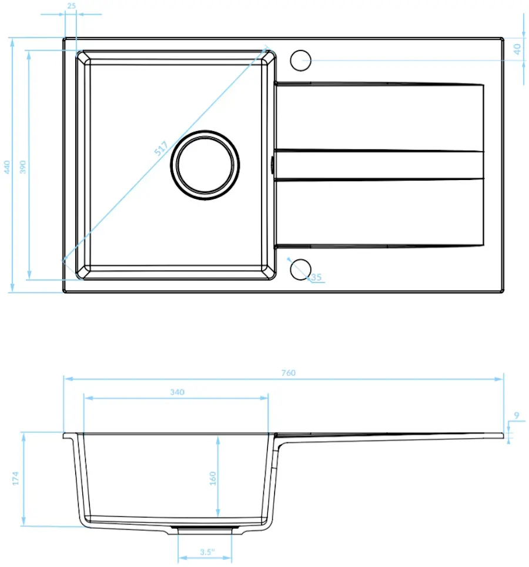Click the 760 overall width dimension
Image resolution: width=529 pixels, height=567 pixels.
(289, 373)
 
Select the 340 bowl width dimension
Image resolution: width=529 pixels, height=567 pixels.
(177, 392)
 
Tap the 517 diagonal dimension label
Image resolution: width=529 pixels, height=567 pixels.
(161, 148)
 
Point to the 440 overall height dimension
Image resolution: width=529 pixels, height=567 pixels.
(7, 166)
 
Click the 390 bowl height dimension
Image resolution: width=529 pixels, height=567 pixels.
(23, 166)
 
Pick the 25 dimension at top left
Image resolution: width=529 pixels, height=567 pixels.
(72, 6)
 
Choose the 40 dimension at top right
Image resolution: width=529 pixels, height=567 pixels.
(517, 49)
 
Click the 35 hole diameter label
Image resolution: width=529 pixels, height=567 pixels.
(316, 277)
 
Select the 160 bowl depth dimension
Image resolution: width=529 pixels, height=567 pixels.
(212, 478)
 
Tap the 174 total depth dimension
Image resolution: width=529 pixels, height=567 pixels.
(15, 478)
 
